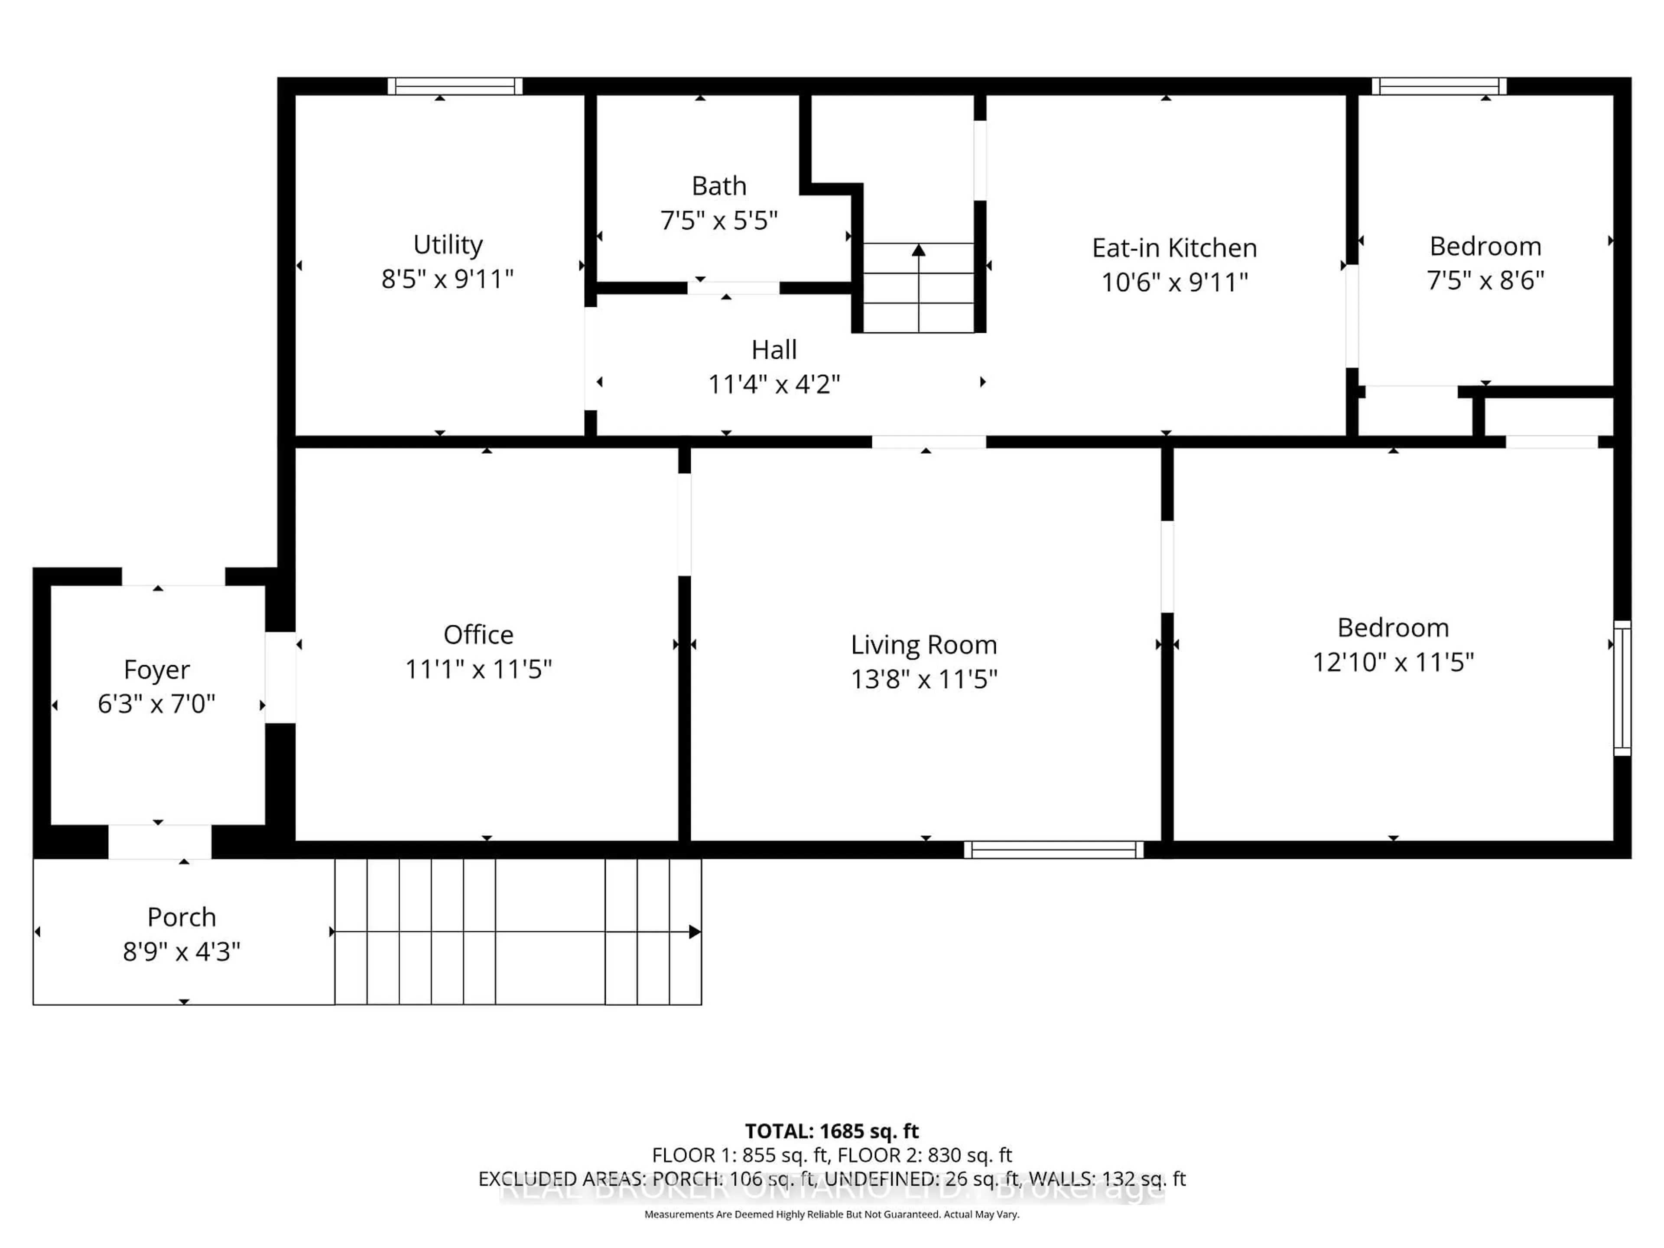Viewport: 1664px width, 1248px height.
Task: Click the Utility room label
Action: [x=448, y=244]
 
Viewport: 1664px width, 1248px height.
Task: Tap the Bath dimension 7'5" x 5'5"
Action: [x=718, y=221]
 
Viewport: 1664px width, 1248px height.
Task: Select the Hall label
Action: [x=773, y=350]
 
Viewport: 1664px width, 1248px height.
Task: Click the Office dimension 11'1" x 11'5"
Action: [x=478, y=669]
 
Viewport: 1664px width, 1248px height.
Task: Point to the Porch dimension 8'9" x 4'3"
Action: [x=181, y=952]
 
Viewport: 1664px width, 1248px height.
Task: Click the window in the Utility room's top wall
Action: [x=455, y=86]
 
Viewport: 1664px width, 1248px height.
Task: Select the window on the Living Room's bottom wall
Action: [x=1053, y=850]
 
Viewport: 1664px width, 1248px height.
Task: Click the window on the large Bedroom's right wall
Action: [x=1623, y=688]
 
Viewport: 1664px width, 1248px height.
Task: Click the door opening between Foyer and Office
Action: [x=280, y=677]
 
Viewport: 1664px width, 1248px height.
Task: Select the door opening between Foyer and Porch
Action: [x=159, y=842]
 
